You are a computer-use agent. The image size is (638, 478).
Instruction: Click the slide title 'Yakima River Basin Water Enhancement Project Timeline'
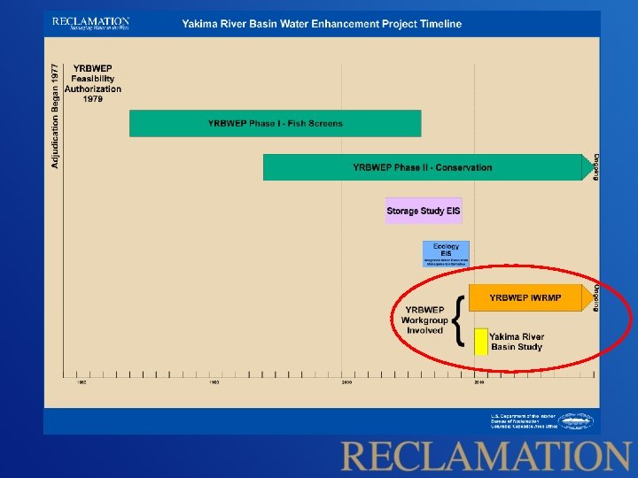(322, 24)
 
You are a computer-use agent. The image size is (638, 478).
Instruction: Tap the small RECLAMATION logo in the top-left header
(90, 24)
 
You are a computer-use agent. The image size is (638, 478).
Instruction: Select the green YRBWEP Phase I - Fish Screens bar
(275, 123)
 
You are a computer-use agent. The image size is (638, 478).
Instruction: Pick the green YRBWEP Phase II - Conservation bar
(422, 167)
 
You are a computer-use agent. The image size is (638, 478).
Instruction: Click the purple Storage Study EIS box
(424, 211)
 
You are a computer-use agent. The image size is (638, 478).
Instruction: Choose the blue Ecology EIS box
(446, 254)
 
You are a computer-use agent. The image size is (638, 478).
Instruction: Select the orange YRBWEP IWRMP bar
(525, 298)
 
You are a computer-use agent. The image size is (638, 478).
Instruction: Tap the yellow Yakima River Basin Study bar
(481, 342)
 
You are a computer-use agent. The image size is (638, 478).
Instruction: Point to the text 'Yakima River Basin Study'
(517, 342)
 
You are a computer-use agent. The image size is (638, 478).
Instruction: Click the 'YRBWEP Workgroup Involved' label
(424, 320)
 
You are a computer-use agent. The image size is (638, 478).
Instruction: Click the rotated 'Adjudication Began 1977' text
(56, 115)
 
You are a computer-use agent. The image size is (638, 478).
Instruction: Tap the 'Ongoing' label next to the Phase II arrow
(596, 167)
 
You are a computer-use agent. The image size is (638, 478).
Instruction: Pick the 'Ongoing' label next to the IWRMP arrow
(596, 298)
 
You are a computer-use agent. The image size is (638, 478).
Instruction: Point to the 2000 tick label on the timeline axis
(346, 382)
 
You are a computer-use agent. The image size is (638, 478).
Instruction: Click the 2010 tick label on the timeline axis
(478, 382)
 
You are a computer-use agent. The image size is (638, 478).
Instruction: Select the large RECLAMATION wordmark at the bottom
(485, 457)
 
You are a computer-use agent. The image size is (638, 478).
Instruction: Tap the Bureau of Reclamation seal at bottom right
(575, 421)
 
